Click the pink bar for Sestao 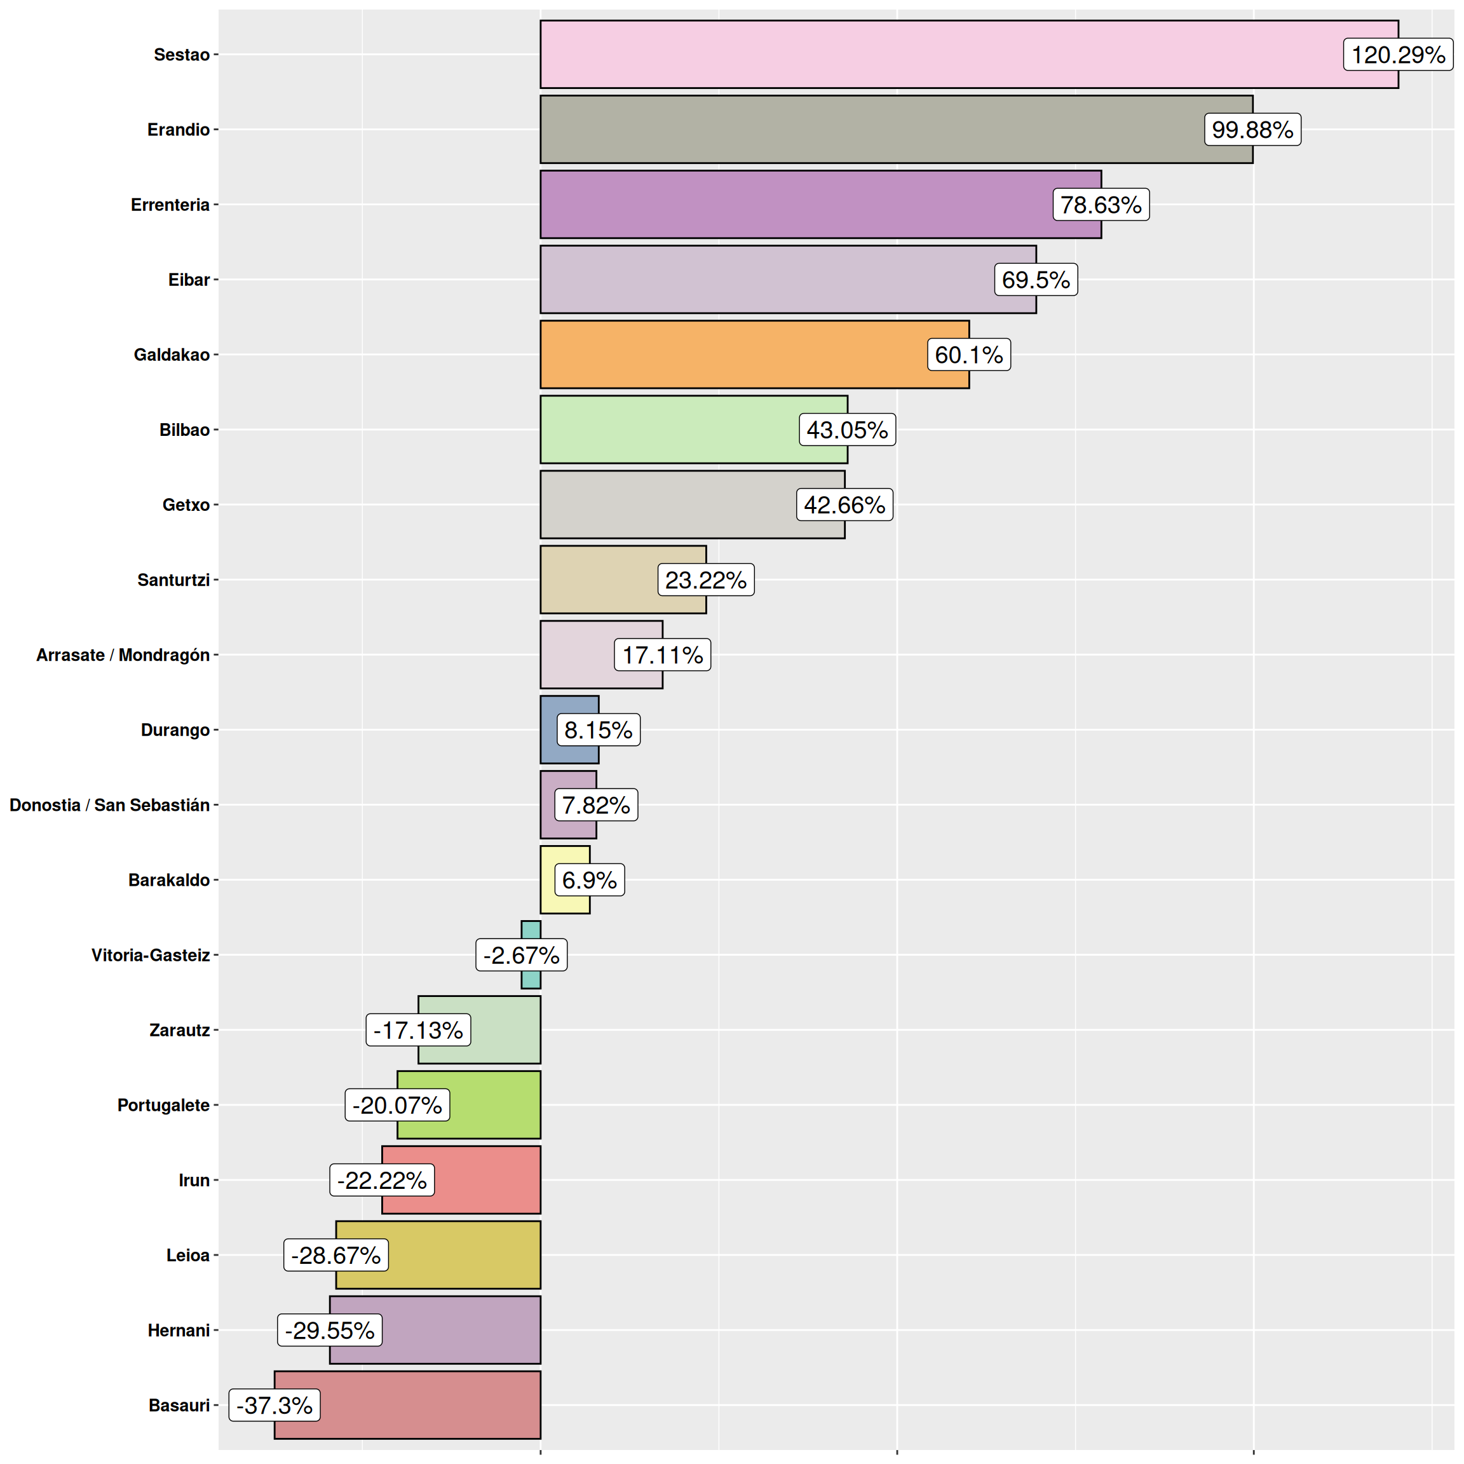point(940,55)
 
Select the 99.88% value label point(1252,130)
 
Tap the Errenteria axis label point(170,205)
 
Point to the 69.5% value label point(1035,280)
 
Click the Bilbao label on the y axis point(184,430)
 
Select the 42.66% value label point(844,505)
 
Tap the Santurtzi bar point(599,579)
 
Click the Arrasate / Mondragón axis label point(123,654)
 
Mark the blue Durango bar point(550,729)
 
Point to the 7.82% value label point(595,804)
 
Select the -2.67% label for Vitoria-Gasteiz point(521,955)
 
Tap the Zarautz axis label point(180,1030)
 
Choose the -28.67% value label point(335,1255)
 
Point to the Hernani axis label point(178,1330)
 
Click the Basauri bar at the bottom point(432,1405)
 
